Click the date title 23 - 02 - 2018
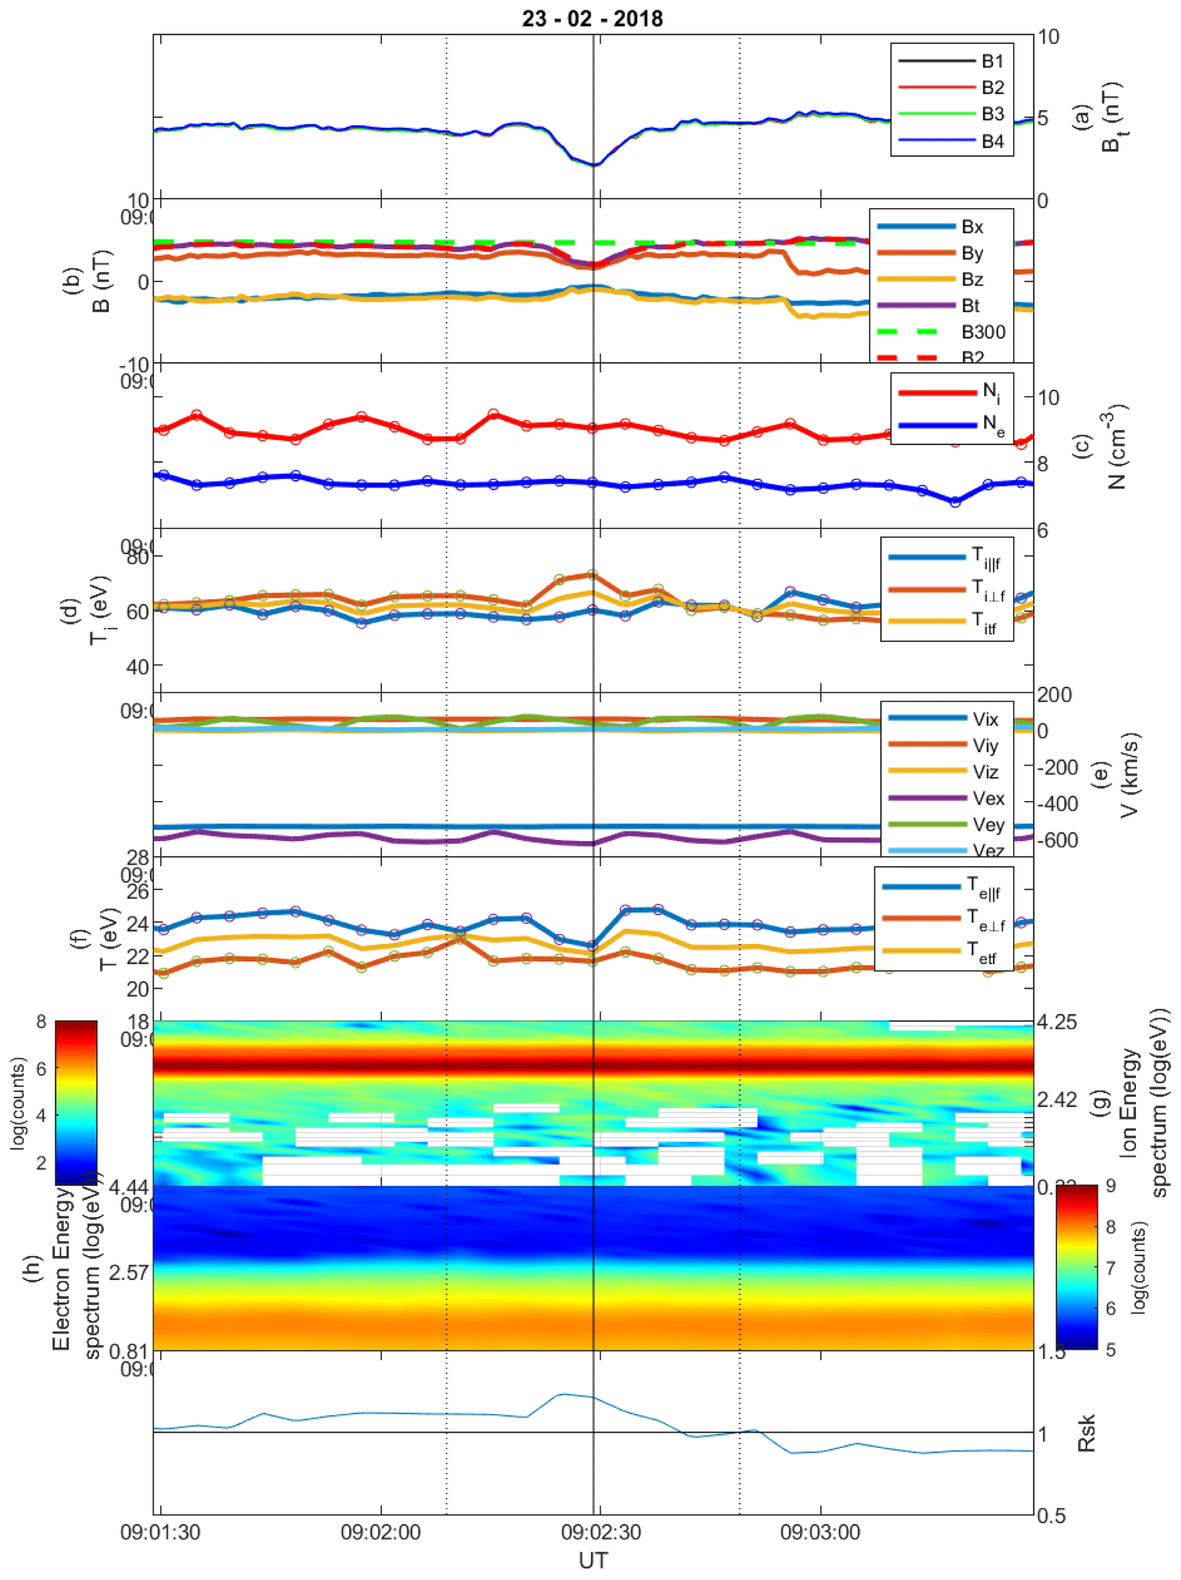coord(592,18)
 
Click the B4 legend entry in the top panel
coord(992,141)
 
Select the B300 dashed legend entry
coord(983,332)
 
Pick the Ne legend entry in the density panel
coord(993,426)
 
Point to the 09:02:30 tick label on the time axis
coord(600,1531)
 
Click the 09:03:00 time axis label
coord(820,1531)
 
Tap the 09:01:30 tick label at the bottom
coord(160,1531)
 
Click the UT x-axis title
coord(592,1561)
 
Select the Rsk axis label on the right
coord(1086,1432)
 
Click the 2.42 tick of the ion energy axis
coord(1058,1099)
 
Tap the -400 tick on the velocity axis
coord(1058,804)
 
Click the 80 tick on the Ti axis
coord(138,556)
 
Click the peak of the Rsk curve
coord(563,1394)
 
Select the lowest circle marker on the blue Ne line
coord(955,502)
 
